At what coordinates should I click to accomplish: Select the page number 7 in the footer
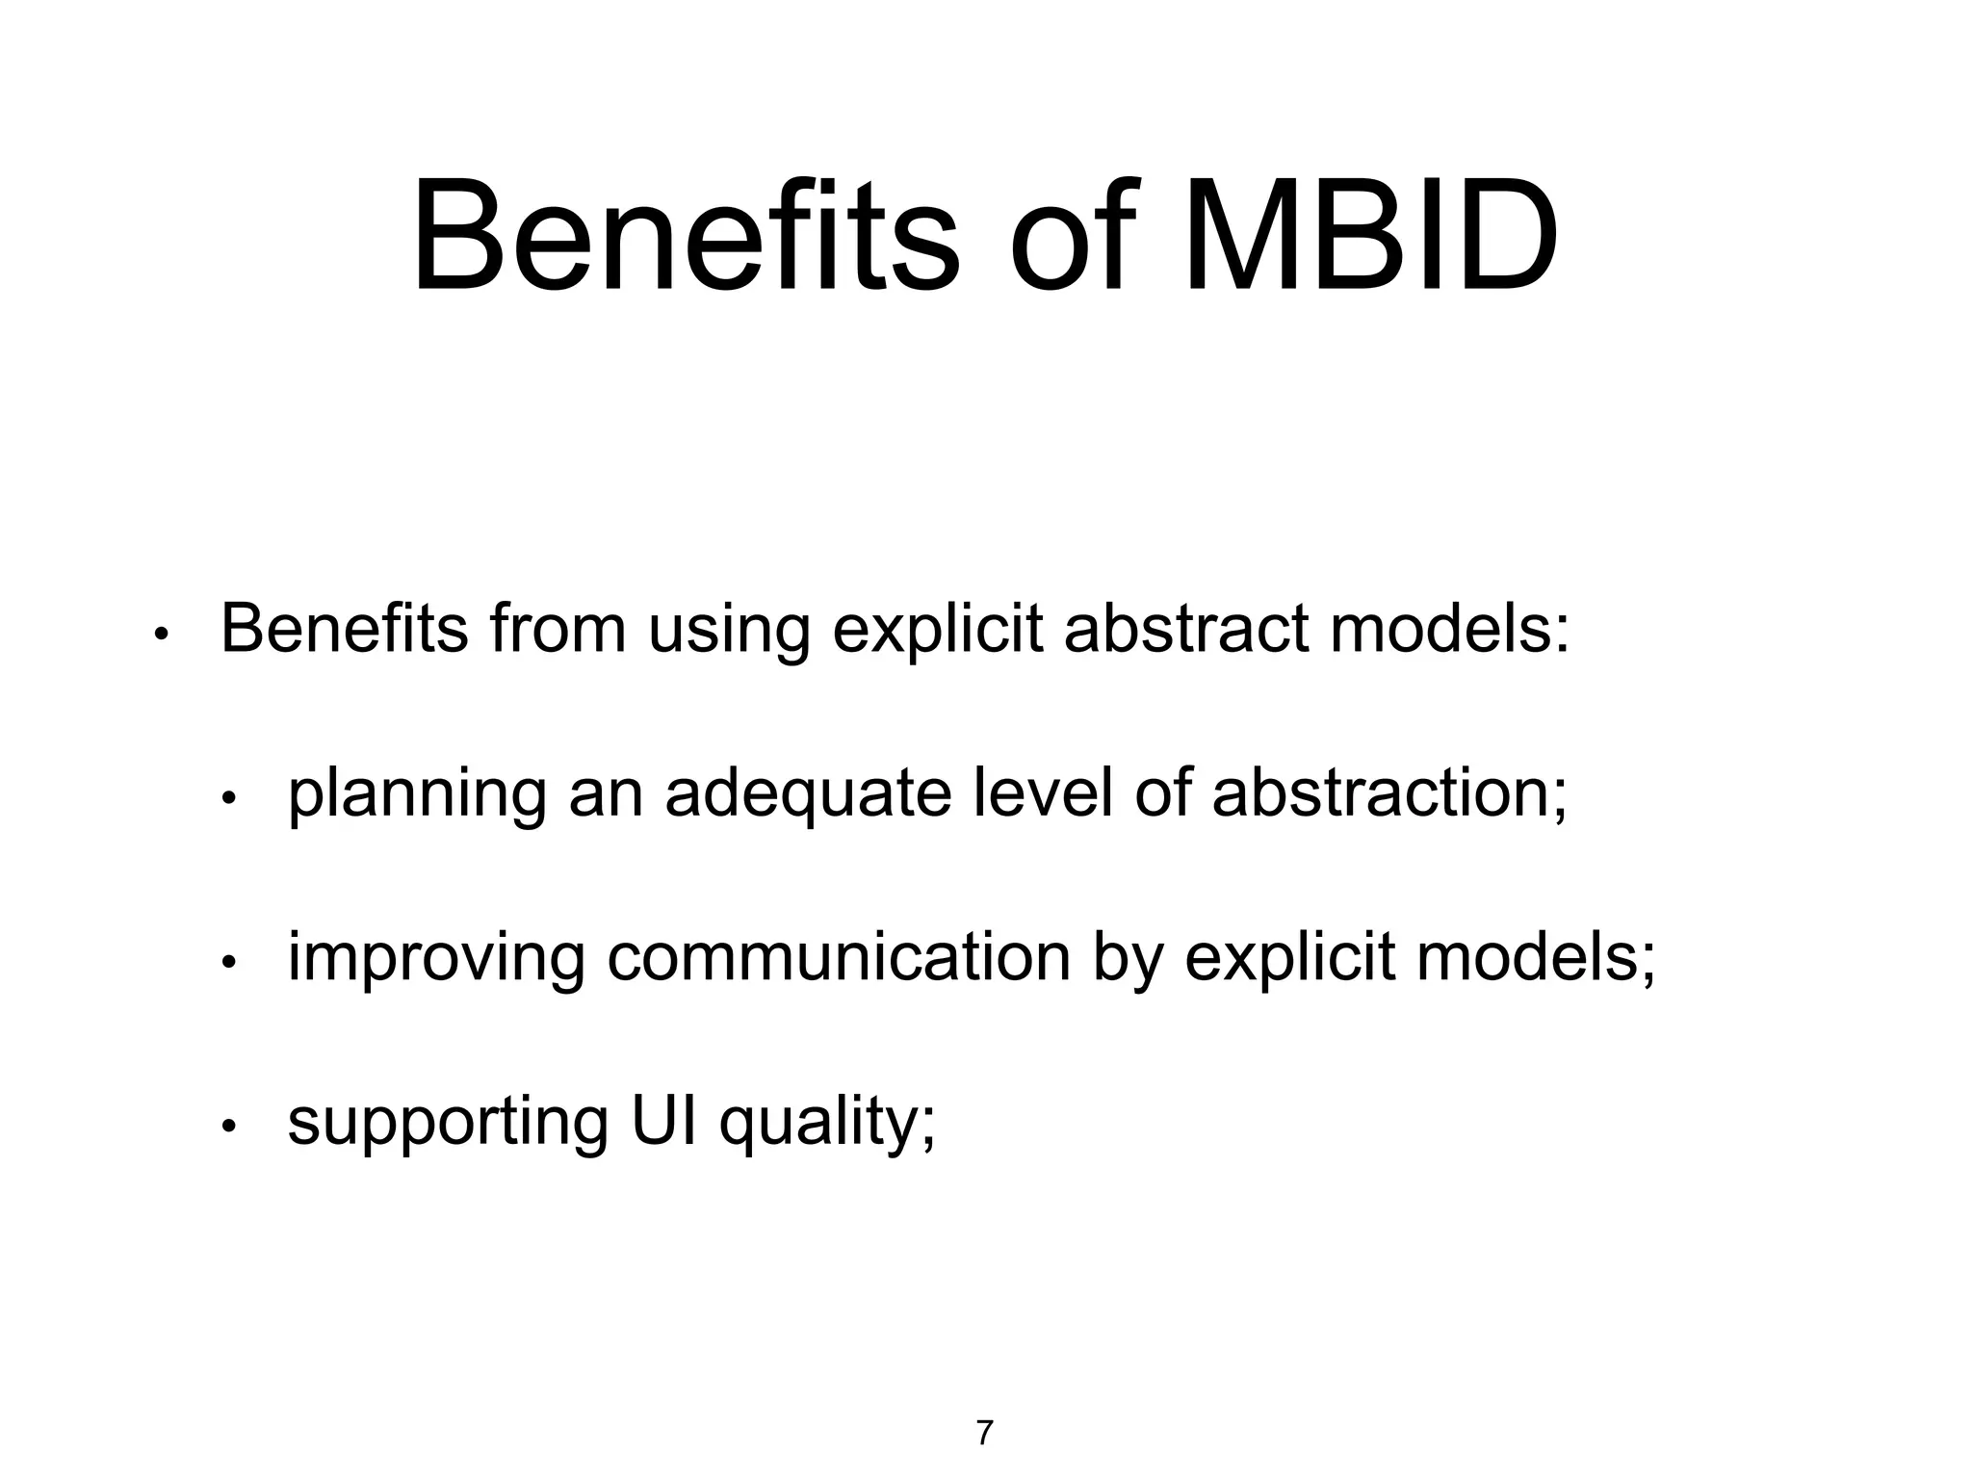(984, 1433)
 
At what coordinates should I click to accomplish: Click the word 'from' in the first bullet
(558, 628)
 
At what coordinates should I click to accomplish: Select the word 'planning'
(417, 795)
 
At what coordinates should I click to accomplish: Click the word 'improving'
(435, 959)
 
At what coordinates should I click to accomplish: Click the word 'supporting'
(448, 1123)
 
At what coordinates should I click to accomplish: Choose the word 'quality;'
(827, 1123)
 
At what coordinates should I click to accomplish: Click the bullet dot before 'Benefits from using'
(162, 635)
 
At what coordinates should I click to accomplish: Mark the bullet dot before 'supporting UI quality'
(228, 1127)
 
